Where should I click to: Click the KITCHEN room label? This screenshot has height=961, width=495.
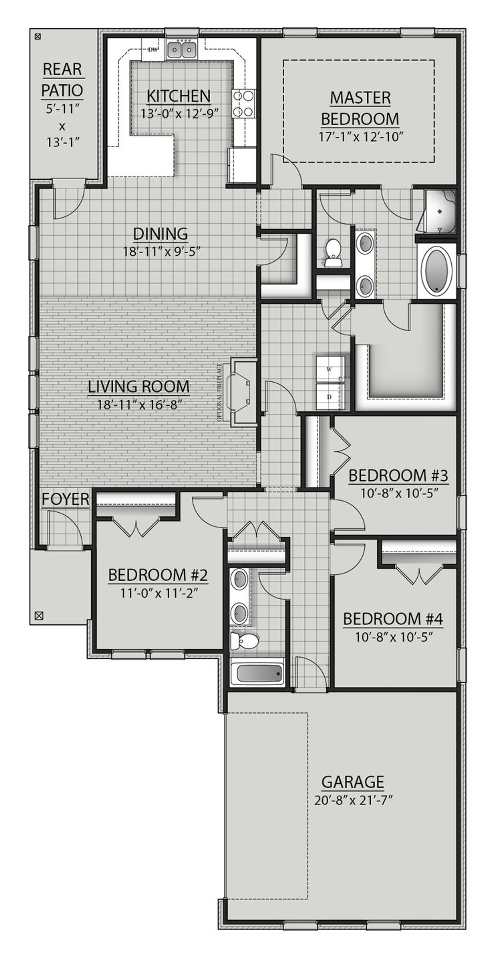click(179, 95)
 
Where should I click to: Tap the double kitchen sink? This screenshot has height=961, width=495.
click(181, 49)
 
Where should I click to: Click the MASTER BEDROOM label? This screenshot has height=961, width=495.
click(360, 108)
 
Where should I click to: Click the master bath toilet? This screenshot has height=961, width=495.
click(333, 252)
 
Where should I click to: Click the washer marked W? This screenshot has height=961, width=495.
click(330, 369)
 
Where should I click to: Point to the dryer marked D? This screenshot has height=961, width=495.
click(330, 397)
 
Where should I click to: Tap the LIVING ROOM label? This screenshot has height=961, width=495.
click(139, 386)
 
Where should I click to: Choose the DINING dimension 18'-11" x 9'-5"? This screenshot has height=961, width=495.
click(160, 252)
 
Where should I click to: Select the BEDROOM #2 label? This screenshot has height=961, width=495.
click(158, 575)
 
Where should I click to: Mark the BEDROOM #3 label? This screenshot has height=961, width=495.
click(398, 475)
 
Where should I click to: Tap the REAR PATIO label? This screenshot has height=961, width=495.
click(62, 80)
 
